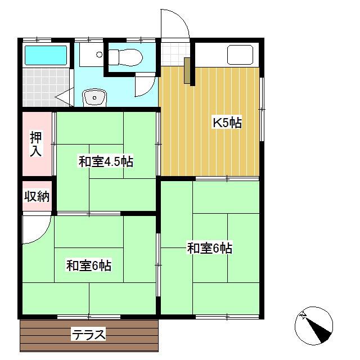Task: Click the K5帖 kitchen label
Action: [227, 123]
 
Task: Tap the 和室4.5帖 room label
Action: [106, 161]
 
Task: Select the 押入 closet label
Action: [36, 144]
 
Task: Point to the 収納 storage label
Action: [37, 196]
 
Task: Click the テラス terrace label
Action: [89, 334]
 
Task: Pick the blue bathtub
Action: [46, 55]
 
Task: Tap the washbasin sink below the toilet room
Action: [94, 98]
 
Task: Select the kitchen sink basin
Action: [240, 55]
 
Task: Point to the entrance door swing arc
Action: [181, 19]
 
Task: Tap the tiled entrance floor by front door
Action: [175, 55]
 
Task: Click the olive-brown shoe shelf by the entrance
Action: [187, 70]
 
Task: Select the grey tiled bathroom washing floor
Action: [46, 87]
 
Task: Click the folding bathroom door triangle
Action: [64, 97]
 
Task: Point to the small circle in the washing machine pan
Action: [99, 55]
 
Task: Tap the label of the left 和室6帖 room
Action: [89, 265]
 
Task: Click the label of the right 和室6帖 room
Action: [210, 248]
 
